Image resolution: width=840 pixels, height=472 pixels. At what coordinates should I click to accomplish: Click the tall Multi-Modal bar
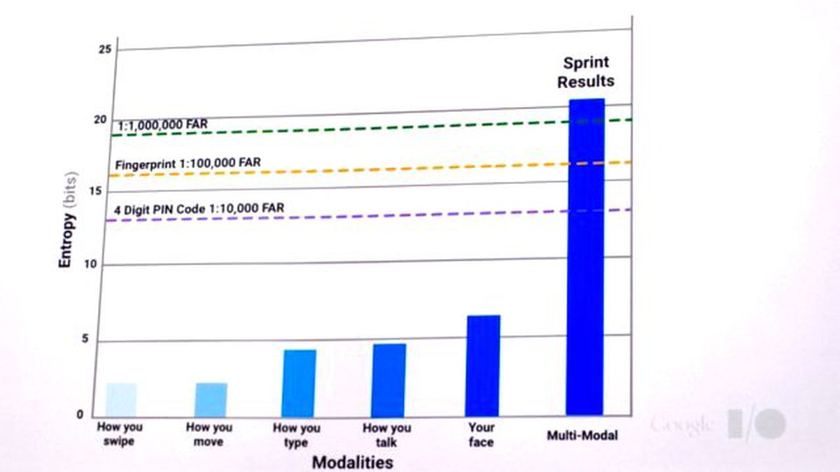tap(585, 257)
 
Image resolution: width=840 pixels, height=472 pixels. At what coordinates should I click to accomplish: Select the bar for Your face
tap(482, 366)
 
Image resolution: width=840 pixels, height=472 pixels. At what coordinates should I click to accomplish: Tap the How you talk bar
tap(388, 380)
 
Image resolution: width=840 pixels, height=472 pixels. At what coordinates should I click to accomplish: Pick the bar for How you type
tap(299, 383)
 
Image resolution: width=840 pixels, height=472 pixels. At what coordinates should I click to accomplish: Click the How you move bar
tap(211, 400)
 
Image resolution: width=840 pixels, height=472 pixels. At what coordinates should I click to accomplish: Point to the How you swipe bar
tap(121, 400)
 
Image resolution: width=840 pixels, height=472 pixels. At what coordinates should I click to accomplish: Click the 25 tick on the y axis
tap(105, 50)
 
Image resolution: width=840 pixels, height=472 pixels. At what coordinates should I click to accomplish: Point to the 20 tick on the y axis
tap(101, 120)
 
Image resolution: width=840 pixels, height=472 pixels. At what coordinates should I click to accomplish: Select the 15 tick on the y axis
tap(96, 192)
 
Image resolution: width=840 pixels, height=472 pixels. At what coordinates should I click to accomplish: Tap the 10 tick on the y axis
tap(90, 264)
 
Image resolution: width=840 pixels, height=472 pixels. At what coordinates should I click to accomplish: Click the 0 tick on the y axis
tap(80, 415)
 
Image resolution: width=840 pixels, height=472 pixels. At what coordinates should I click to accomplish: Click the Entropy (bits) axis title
tap(67, 220)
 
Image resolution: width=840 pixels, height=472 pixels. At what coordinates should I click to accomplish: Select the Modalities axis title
tap(353, 463)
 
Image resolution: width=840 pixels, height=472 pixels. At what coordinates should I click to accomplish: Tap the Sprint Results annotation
tap(586, 72)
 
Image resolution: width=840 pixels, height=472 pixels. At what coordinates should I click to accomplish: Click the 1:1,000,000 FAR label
tap(162, 124)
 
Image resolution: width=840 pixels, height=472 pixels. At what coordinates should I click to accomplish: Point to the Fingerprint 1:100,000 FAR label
tap(188, 164)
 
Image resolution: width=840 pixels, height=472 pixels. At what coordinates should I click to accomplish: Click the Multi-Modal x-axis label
tap(582, 435)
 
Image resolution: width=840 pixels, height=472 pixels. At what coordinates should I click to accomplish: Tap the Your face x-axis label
tap(481, 434)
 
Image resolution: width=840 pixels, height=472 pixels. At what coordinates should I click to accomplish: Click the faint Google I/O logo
tap(718, 424)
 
